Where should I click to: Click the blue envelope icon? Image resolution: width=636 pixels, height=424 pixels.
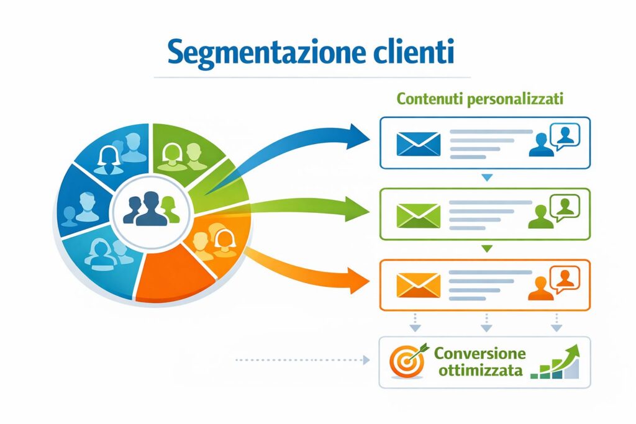418,143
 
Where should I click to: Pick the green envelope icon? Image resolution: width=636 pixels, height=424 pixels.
418,214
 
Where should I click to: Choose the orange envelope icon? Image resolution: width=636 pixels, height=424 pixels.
418,285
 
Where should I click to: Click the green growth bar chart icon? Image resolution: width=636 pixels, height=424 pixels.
560,363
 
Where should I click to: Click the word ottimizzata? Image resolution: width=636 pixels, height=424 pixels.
478,371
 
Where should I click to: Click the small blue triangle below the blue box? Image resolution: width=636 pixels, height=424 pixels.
487,178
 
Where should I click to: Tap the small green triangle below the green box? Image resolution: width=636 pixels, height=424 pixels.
487,249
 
